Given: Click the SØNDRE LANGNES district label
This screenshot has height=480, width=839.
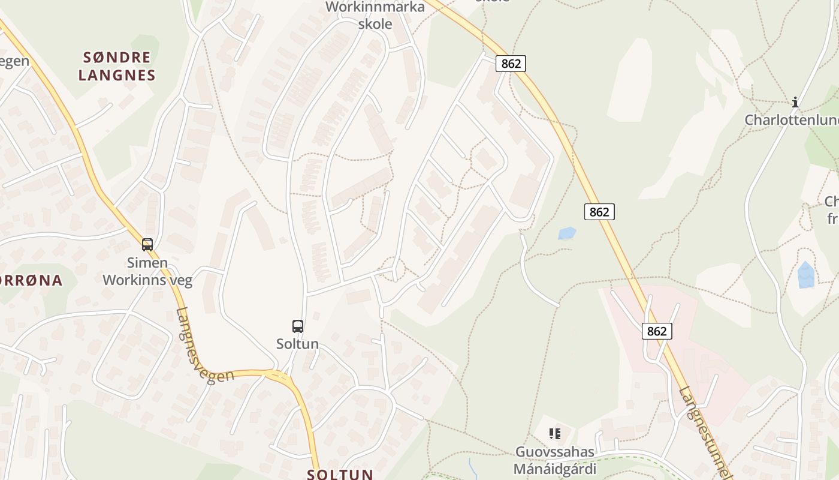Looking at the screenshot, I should tap(117, 67).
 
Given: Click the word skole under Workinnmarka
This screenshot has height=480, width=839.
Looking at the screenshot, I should tap(375, 24).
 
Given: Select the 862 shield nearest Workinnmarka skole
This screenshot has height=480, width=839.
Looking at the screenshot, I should tap(511, 64).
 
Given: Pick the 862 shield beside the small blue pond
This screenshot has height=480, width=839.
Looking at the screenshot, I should tap(599, 212).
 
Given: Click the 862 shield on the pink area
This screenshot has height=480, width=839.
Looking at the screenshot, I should tap(657, 331).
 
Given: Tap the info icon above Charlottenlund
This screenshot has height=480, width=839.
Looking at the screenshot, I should tap(795, 102).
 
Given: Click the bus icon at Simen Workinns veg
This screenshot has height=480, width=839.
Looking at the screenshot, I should tap(147, 245).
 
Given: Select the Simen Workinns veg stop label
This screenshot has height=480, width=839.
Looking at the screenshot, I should tap(147, 271).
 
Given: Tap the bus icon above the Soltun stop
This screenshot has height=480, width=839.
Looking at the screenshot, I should tap(298, 326).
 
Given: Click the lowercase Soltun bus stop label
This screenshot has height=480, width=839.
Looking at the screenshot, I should tap(298, 344).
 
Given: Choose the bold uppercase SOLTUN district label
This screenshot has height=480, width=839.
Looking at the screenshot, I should tap(340, 474).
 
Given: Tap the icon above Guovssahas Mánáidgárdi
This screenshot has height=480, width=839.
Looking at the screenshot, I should tap(555, 433).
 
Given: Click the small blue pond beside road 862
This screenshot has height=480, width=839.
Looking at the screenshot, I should tap(567, 233).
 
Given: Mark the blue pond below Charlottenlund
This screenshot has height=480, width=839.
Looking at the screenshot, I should tap(806, 275).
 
